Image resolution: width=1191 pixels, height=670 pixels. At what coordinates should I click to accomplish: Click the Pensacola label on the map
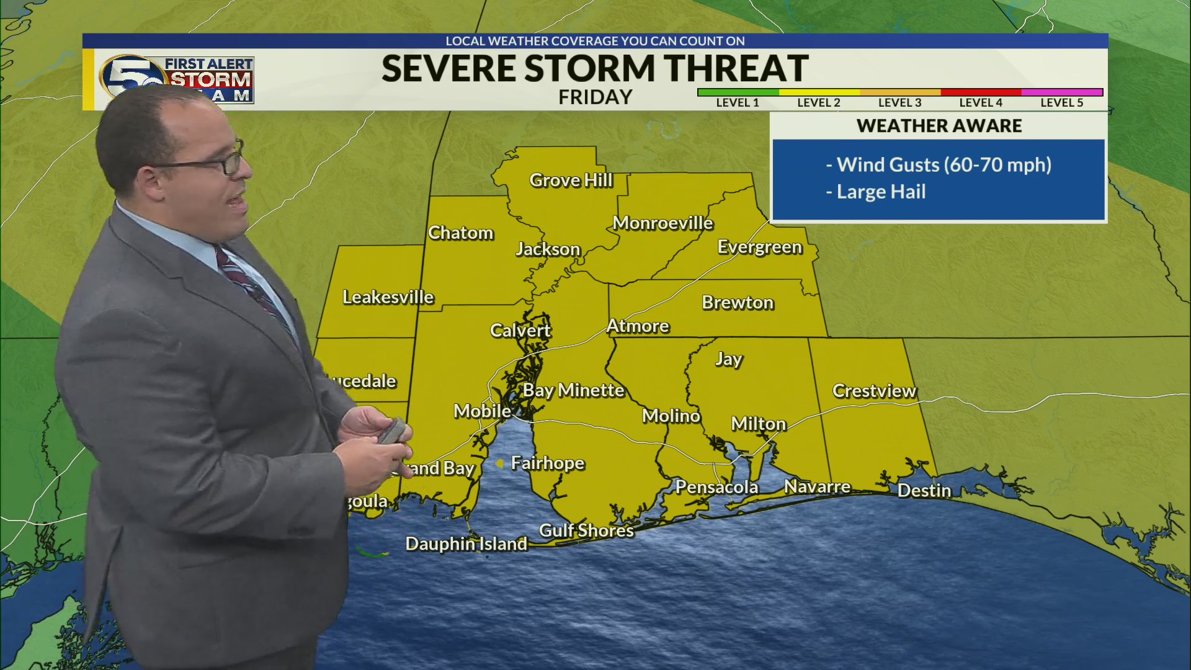pos(716,487)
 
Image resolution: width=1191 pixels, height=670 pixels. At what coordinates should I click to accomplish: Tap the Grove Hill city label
pos(571,180)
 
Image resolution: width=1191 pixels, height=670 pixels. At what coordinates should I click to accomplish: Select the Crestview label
pos(874,391)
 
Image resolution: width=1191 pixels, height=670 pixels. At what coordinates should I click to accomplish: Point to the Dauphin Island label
pos(466,543)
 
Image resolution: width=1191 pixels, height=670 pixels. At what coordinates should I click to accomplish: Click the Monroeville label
pos(662,223)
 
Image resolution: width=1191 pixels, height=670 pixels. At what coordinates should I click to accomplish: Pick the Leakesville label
pos(388,297)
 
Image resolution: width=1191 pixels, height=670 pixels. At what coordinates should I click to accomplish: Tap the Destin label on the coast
pos(924,491)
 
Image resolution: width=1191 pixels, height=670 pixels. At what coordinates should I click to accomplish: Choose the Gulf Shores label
pos(586,530)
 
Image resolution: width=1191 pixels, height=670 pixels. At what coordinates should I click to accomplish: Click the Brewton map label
pos(738,302)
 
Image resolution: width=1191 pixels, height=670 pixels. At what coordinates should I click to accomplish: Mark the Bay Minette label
pos(573,390)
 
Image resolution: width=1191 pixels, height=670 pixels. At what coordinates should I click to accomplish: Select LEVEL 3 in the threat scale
pos(899,102)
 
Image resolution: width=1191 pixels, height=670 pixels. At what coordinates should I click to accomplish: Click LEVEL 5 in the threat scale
pos(1061,102)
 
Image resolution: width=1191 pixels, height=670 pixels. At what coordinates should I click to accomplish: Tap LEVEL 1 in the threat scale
pos(738,102)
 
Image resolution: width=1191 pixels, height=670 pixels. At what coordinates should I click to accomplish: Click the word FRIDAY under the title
pos(595,97)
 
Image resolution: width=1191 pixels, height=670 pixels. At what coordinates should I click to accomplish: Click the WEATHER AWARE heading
pos(939,126)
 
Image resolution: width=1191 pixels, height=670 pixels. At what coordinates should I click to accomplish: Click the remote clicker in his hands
pos(393,431)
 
